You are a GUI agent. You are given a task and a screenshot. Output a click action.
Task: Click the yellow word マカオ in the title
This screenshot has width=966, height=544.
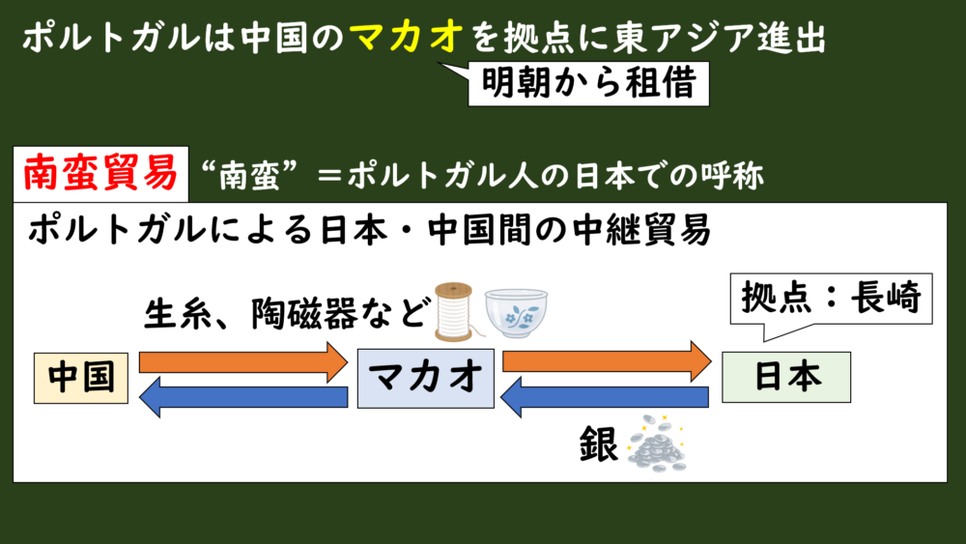click(407, 37)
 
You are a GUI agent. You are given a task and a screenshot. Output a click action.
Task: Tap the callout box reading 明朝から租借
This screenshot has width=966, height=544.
click(588, 84)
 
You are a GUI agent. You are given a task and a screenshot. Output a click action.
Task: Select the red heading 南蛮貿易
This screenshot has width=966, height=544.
click(101, 174)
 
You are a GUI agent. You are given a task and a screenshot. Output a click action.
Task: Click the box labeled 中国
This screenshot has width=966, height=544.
click(81, 378)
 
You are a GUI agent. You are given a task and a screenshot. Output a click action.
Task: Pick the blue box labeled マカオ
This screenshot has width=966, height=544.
click(426, 378)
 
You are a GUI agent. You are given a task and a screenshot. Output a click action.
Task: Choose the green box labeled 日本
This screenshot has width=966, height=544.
click(786, 377)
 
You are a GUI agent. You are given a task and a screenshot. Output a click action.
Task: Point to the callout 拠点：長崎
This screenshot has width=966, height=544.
click(831, 299)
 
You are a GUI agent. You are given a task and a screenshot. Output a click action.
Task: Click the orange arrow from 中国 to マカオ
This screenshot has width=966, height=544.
click(243, 362)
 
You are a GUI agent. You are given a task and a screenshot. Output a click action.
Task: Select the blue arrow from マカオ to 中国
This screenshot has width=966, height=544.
click(243, 397)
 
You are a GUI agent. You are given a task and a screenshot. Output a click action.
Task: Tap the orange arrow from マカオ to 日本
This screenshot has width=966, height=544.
click(607, 361)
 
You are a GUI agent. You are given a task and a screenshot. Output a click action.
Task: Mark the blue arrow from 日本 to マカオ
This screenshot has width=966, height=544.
click(605, 397)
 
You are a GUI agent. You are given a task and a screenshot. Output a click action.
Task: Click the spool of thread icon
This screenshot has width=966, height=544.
click(454, 311)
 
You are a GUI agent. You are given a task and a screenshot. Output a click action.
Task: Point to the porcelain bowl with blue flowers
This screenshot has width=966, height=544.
click(516, 313)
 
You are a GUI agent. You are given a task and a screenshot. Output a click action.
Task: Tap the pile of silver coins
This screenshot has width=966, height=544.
click(657, 444)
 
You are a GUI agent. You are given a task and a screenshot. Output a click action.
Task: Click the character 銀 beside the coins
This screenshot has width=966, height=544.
click(599, 444)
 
